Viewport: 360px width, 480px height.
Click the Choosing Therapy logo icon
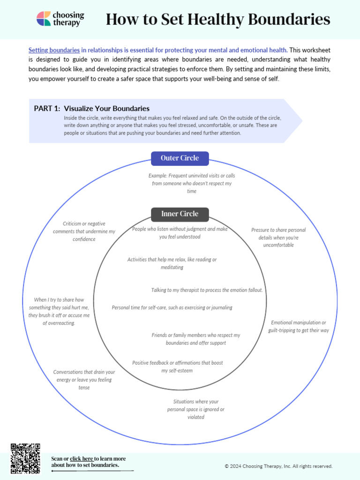coord(44,19)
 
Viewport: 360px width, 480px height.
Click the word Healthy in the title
coord(210,19)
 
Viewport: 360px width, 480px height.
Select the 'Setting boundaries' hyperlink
coord(54,50)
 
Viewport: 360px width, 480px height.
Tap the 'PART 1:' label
coord(47,109)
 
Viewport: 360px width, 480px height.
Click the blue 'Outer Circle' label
coord(180,158)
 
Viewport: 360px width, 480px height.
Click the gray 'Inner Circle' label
coord(180,214)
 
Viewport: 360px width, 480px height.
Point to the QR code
coord(25,458)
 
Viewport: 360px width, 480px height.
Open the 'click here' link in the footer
coord(82,458)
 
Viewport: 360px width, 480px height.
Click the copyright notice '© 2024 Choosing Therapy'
coord(278,466)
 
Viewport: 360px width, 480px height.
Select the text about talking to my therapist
coord(207,290)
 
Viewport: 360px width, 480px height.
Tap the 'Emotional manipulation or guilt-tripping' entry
coord(299,327)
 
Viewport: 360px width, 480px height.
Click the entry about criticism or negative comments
coord(84,232)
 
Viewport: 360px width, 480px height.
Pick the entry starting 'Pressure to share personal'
coord(278,237)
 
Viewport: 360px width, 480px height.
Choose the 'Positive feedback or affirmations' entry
coord(177,367)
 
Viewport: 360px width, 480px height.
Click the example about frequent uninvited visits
coord(192,183)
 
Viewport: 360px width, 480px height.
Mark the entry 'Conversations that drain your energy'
coord(84,380)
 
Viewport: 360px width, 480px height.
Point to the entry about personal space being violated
coord(195,409)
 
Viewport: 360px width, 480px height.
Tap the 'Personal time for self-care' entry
coord(172,307)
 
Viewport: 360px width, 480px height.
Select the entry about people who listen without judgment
coord(180,233)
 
